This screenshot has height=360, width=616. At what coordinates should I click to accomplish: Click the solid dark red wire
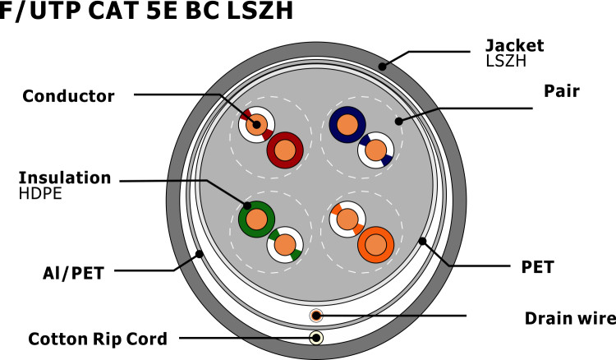[285, 150]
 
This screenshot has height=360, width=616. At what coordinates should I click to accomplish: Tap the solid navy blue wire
[347, 125]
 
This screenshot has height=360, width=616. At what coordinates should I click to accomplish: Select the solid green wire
[256, 219]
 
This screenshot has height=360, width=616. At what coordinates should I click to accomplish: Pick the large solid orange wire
[376, 244]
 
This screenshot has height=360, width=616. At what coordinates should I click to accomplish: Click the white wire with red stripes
[255, 126]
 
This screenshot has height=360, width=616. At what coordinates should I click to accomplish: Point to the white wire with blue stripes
[376, 150]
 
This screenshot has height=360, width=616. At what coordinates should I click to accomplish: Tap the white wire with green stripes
[285, 244]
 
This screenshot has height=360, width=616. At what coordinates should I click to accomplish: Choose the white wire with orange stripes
[347, 219]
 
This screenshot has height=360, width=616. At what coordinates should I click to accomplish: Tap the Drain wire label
[570, 317]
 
